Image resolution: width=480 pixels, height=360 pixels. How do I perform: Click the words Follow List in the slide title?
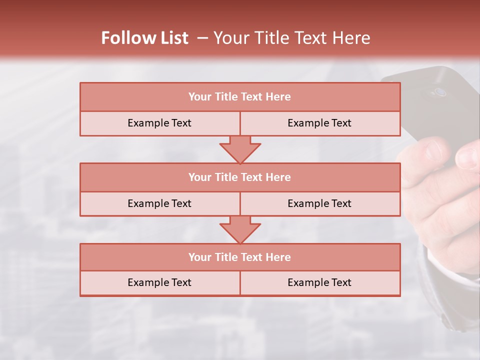144,38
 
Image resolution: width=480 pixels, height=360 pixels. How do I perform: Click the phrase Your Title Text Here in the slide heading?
292,38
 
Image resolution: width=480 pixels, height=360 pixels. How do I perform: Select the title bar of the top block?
240,97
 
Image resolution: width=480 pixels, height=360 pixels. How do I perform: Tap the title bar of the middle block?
240,177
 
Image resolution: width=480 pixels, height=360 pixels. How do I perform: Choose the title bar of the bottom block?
240,257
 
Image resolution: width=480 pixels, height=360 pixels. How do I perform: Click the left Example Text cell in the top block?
159,123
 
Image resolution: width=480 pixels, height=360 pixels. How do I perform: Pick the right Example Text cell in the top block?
319,123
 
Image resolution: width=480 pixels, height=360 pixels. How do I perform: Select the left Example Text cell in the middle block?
159,204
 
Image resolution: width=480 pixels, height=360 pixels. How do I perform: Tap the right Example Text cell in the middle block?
319,204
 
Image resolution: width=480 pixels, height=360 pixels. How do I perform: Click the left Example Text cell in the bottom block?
159,283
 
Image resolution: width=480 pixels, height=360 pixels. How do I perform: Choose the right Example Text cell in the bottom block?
319,283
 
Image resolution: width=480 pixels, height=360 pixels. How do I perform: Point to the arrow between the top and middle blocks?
240,149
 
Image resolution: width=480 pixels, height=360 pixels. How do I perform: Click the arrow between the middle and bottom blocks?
240,229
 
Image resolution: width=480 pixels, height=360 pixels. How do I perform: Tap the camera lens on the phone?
440,92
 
